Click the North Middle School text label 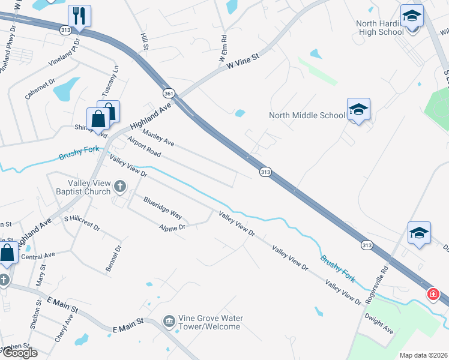coord(307,115)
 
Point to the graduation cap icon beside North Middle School coord(358,110)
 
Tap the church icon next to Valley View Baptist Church coord(119,187)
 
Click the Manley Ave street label coord(158,139)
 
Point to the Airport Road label coord(144,146)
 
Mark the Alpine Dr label coord(172,227)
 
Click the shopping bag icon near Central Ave coord(7,253)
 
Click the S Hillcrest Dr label coord(82,223)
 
